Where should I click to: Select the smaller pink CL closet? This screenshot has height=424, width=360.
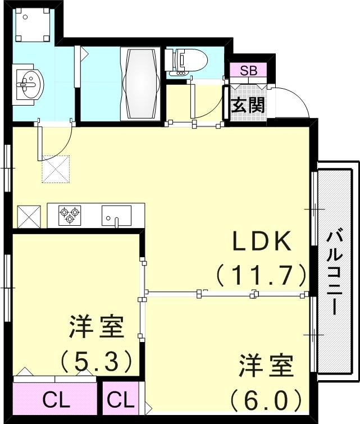coord(121,400)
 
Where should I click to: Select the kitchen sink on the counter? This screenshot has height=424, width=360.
coord(116,215)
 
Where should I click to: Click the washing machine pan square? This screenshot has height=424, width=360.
coord(33,25)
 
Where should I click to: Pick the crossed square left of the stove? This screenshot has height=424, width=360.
coord(29,216)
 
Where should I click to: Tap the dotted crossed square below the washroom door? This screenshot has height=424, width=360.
coord(55,169)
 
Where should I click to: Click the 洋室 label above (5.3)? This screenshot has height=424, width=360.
coord(96,327)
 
